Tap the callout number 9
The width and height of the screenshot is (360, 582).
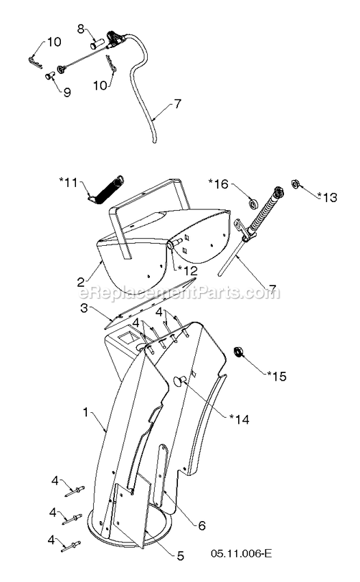[67, 92]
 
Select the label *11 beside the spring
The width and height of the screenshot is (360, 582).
[68, 183]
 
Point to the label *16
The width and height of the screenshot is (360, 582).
[218, 184]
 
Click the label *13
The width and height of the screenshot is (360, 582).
[327, 197]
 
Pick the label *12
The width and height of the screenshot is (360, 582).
[188, 270]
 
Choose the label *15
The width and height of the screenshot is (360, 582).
[277, 376]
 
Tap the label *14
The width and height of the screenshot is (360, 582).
[240, 419]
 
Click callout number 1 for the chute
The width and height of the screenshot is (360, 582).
[86, 412]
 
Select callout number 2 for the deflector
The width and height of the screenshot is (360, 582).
[81, 282]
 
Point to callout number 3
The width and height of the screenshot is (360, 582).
[84, 307]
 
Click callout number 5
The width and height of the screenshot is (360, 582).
[180, 556]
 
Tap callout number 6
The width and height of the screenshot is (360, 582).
[201, 525]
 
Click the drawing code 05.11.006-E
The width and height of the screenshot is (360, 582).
[241, 554]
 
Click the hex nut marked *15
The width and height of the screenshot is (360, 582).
[237, 352]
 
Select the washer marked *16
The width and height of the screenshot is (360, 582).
[254, 204]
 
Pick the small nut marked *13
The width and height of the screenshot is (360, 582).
[296, 184]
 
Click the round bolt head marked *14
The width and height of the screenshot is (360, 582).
[179, 381]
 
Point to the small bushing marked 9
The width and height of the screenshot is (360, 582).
[49, 76]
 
